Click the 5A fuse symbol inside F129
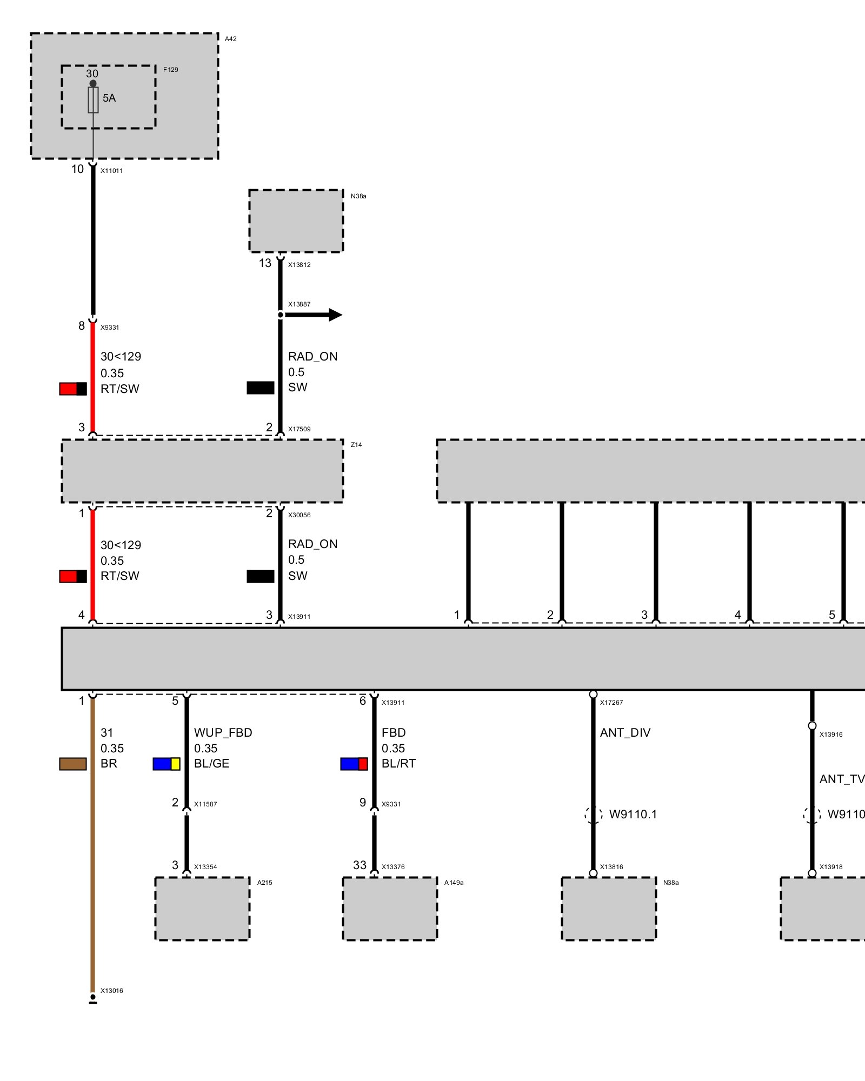coord(93,100)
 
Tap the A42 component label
coord(231,39)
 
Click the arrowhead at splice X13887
coord(335,315)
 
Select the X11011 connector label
coord(111,171)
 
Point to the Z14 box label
coord(356,445)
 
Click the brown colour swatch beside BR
coord(73,764)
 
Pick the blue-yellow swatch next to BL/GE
coord(167,764)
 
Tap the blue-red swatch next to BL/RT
coord(354,764)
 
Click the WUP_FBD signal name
coord(223,732)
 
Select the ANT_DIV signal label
coord(625,732)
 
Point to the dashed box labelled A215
coord(202,909)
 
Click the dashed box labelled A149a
coord(390,909)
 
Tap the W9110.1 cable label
coord(633,814)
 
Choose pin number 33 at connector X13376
coord(360,865)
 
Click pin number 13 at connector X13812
coord(265,263)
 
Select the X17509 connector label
coord(299,429)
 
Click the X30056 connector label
coord(299,515)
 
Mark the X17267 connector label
coord(611,703)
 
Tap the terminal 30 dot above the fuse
coord(93,83)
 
